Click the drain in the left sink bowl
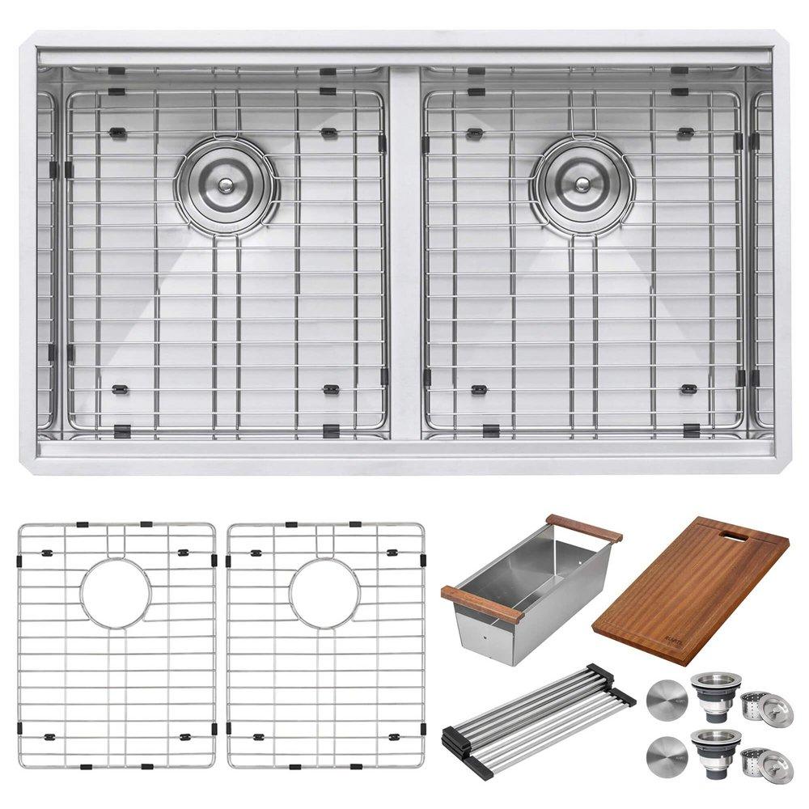227,185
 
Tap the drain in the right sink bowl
582,184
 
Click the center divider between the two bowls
404,251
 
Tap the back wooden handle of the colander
583,528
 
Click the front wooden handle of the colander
482,604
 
